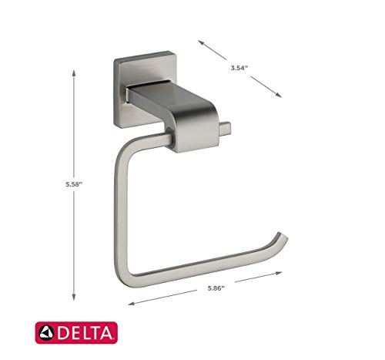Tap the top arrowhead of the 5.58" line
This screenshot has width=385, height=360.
74,71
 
